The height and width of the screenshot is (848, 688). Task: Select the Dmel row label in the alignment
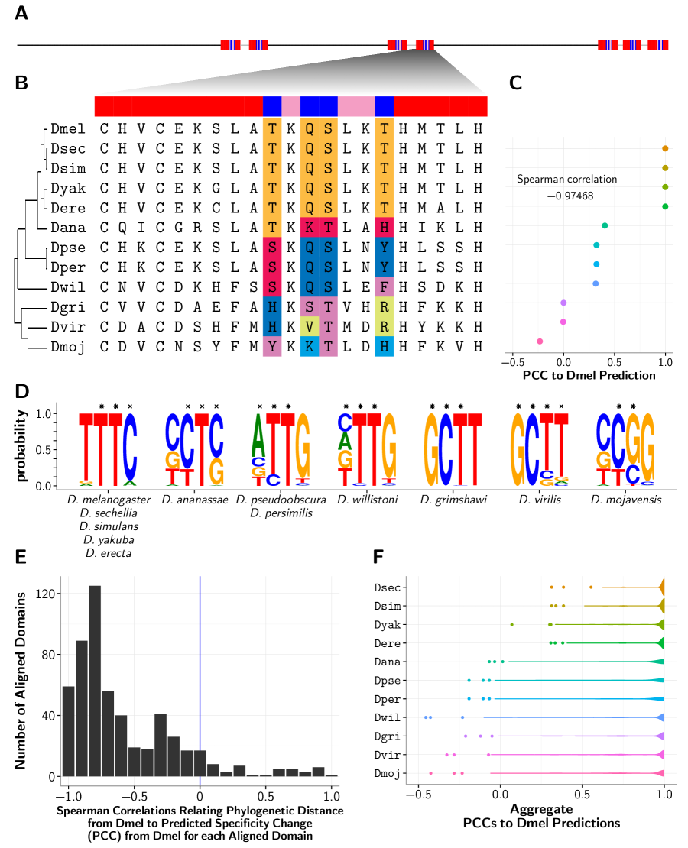(x=67, y=128)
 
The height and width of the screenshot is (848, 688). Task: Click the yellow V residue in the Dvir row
(x=310, y=325)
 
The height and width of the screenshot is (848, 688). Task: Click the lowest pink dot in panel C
(x=540, y=341)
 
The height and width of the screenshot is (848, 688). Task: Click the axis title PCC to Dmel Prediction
(x=589, y=376)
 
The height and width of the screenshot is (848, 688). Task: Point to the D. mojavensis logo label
(x=625, y=500)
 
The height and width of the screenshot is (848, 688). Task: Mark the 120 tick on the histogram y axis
(x=48, y=593)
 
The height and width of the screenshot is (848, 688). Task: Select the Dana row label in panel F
(x=390, y=662)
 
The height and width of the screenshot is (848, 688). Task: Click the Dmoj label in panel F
(x=390, y=773)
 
